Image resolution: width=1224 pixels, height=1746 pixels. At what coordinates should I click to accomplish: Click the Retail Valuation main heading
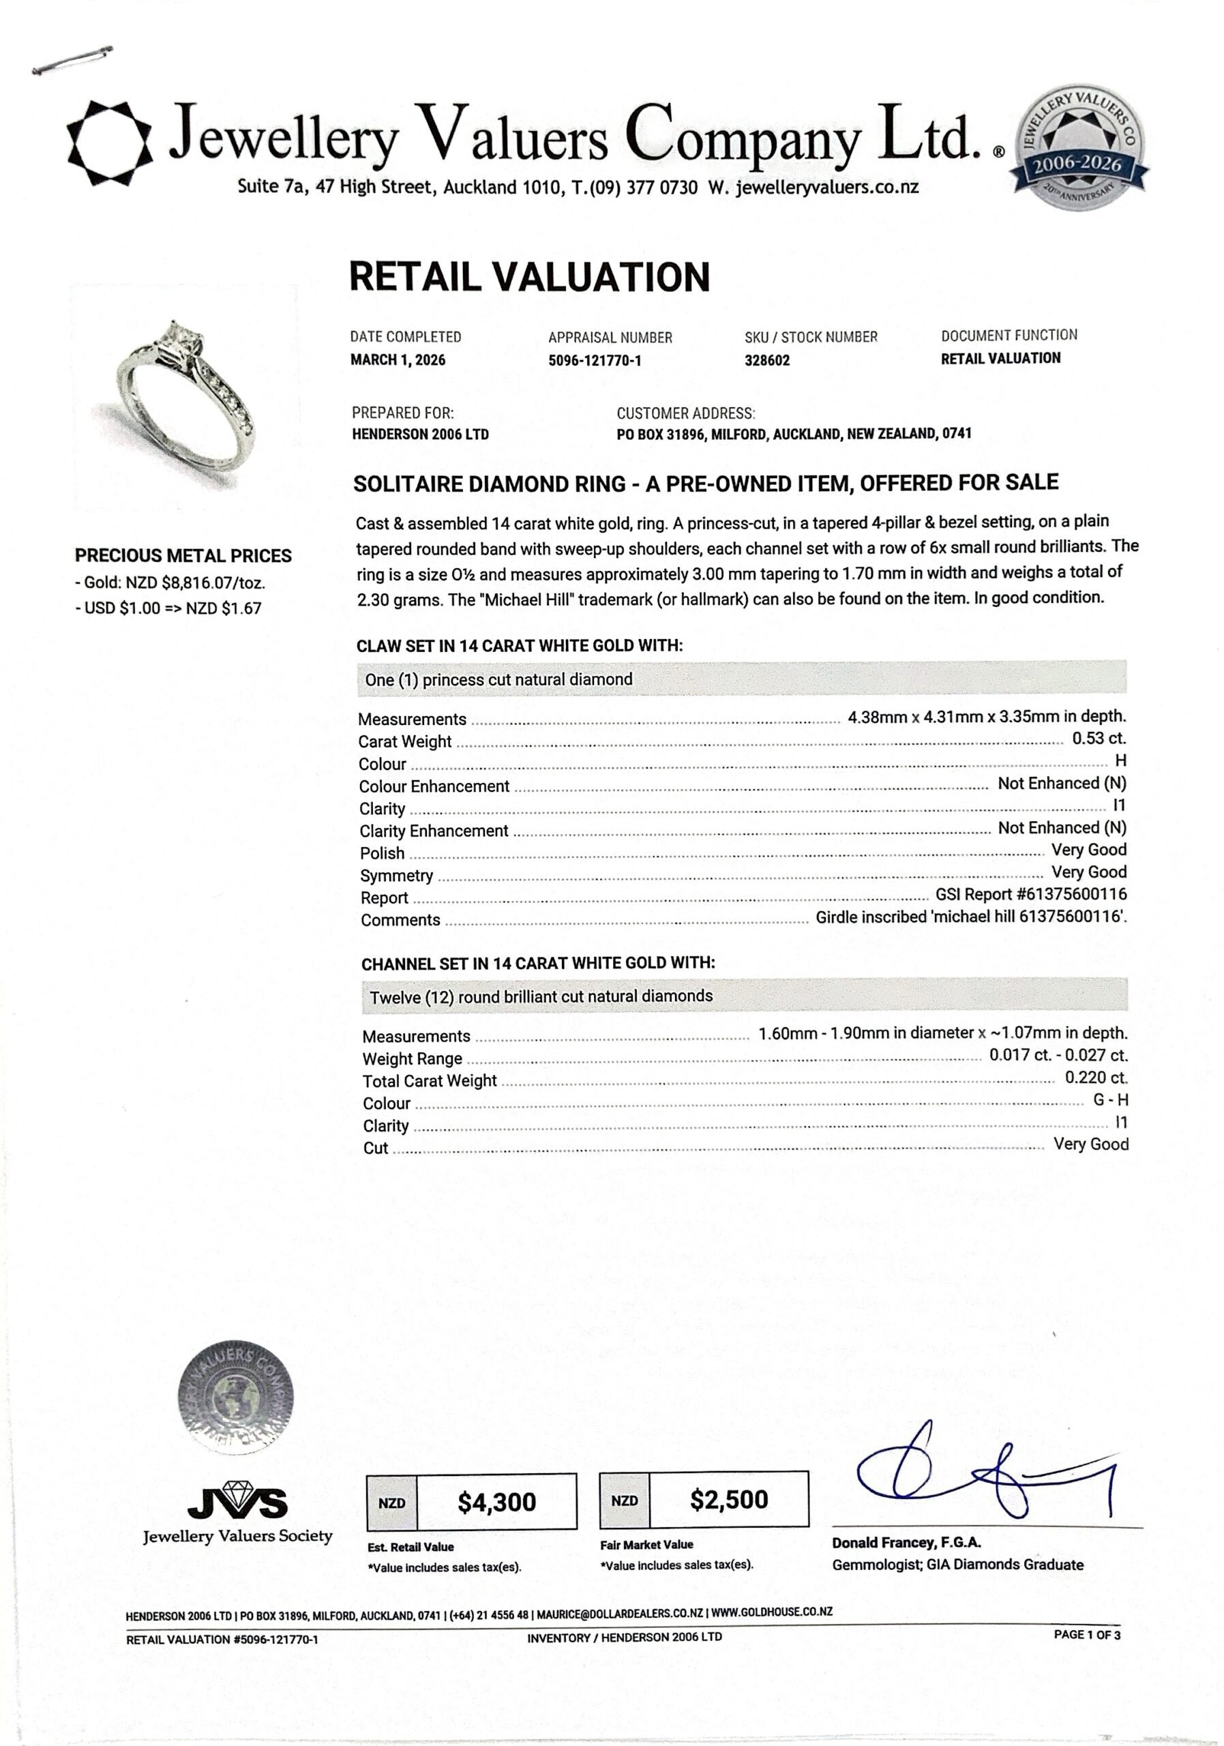[x=529, y=277]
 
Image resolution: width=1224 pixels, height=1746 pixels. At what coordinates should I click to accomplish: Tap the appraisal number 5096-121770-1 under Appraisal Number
[x=595, y=361]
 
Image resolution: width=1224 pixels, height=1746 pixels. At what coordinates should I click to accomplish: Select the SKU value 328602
[x=767, y=361]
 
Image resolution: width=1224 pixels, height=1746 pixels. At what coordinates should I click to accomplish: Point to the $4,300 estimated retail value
[x=496, y=1502]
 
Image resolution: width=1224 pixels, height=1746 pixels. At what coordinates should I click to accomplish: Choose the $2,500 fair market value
[x=729, y=1500]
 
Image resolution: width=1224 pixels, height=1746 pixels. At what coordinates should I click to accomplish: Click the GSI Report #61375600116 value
[x=1031, y=895]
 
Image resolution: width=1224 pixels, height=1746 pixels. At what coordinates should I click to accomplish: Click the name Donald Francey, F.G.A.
[x=906, y=1543]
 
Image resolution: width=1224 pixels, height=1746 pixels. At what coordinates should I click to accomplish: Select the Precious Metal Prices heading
[x=183, y=556]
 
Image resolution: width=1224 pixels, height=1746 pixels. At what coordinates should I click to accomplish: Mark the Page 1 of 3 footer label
[x=1086, y=1634]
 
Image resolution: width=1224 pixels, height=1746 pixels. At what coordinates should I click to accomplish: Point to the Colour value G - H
[x=1110, y=1100]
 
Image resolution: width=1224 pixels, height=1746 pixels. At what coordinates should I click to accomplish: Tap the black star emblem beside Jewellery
[x=111, y=143]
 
